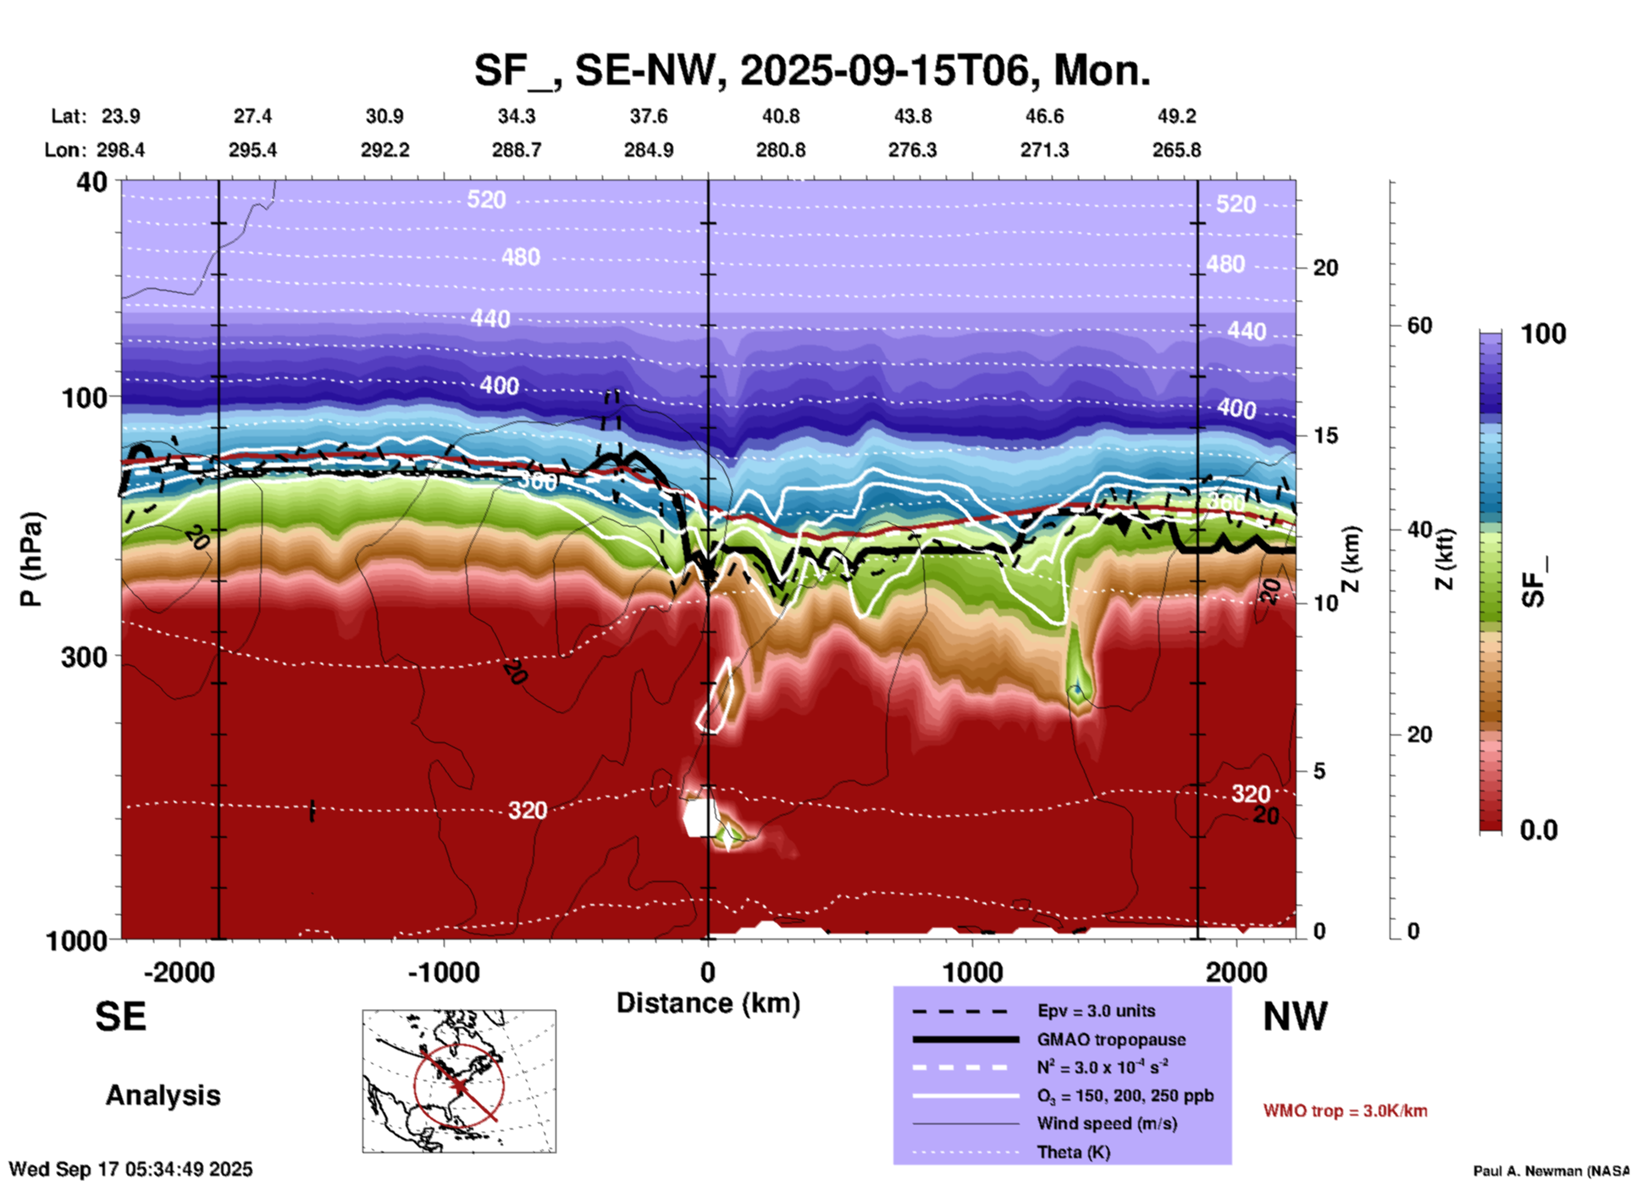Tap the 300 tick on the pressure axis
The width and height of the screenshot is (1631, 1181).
coord(85,657)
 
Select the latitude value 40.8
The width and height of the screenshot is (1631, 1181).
coord(780,116)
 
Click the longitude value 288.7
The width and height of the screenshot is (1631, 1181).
coord(517,150)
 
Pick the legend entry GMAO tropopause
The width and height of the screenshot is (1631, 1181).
coord(1111,1040)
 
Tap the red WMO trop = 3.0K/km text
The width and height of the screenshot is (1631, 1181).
coord(1345,1111)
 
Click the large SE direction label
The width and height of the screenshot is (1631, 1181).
coord(120,1017)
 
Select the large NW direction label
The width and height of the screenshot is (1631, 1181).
coord(1295,1017)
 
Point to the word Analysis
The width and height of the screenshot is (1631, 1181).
coord(163,1095)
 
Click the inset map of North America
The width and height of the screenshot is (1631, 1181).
coord(459,1081)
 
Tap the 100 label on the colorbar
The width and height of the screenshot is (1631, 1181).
coord(1543,334)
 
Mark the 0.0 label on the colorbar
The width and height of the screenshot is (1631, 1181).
coord(1539,830)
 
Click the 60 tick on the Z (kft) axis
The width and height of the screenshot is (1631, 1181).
coord(1419,325)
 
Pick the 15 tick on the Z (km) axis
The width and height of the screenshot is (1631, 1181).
coord(1325,435)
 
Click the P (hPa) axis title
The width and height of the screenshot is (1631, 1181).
coord(31,558)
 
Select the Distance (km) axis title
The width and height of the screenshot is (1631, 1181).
coord(708,1003)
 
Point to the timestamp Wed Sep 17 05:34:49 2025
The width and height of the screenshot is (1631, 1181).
coord(130,1169)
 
